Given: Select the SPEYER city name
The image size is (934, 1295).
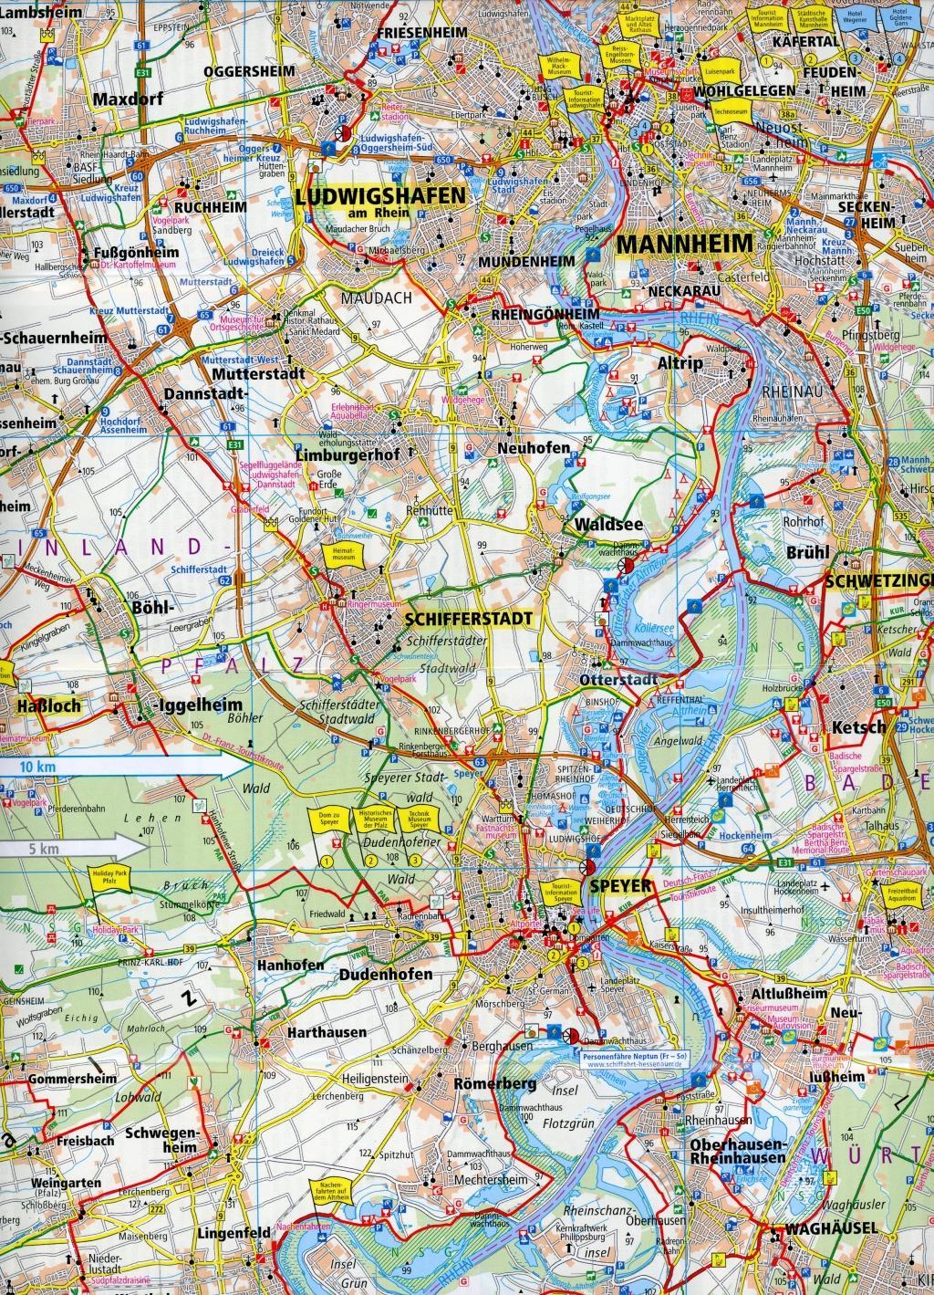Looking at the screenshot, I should click(x=619, y=885).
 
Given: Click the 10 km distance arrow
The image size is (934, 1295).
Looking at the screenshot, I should click(x=109, y=768).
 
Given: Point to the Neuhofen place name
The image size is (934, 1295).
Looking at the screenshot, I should click(x=534, y=448).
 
